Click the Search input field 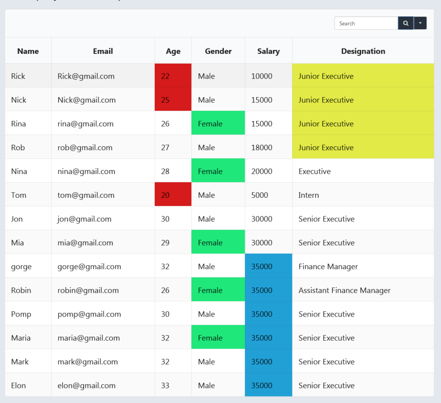tap(366, 23)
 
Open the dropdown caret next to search tap(420, 23)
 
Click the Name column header tap(28, 51)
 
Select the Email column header tap(103, 51)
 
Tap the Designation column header tap(363, 51)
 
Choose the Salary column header tap(268, 51)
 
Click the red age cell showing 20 tap(173, 195)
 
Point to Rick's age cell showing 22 tap(173, 76)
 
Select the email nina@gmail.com tap(87, 171)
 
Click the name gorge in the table tap(22, 267)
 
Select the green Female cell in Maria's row tap(218, 338)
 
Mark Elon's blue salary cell tap(268, 385)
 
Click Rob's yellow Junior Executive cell tap(363, 148)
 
